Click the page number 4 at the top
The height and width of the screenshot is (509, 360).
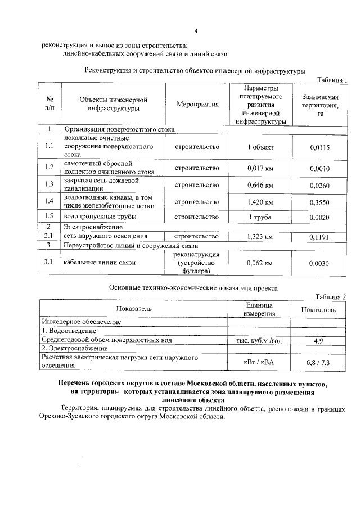(196, 31)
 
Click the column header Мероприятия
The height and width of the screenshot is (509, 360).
(197, 105)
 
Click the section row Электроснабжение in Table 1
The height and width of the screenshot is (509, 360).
(92, 227)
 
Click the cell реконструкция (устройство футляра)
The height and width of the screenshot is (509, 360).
(197, 263)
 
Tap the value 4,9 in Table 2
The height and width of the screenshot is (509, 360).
(318, 340)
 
